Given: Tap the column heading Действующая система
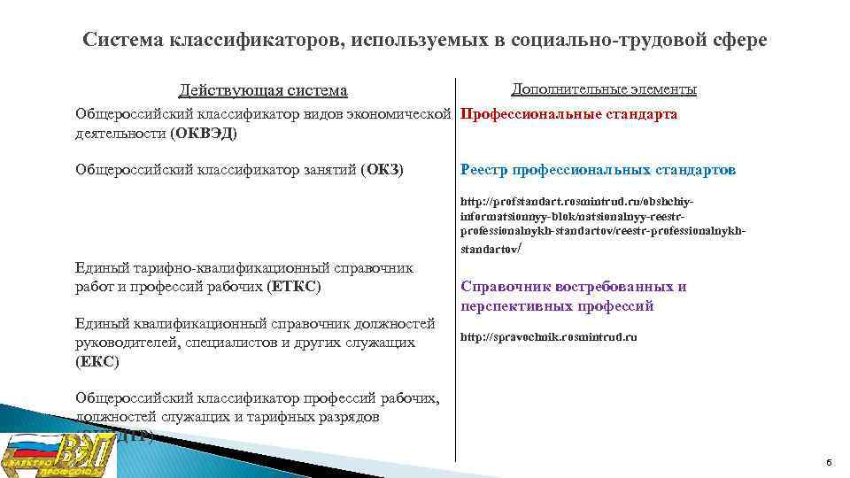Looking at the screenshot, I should (263, 90).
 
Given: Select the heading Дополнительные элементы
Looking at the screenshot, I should (604, 89).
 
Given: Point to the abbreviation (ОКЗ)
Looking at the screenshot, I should (382, 169).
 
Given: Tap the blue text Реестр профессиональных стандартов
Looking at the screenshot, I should (598, 169).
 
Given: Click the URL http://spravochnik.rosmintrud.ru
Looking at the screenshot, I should (548, 337).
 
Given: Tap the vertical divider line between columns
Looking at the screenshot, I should (455, 266).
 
